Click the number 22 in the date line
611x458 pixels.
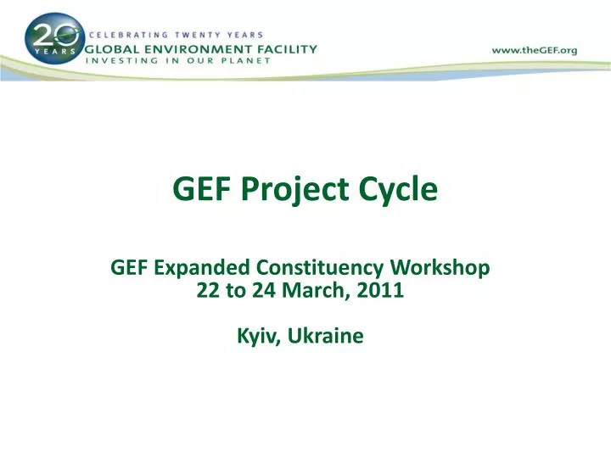tap(207, 291)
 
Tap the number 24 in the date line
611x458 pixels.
tap(264, 291)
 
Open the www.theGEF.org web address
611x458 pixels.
tap(534, 50)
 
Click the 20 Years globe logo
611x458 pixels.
tap(54, 41)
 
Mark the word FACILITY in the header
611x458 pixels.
tap(287, 48)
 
